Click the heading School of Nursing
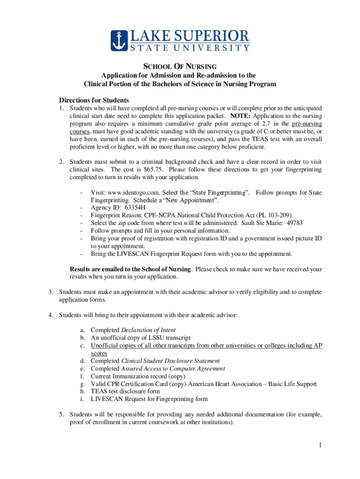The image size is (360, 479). [x=180, y=67]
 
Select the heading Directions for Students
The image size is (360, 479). [x=94, y=101]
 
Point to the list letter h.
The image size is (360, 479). [x=82, y=392]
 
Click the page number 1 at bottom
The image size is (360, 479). [x=320, y=445]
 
